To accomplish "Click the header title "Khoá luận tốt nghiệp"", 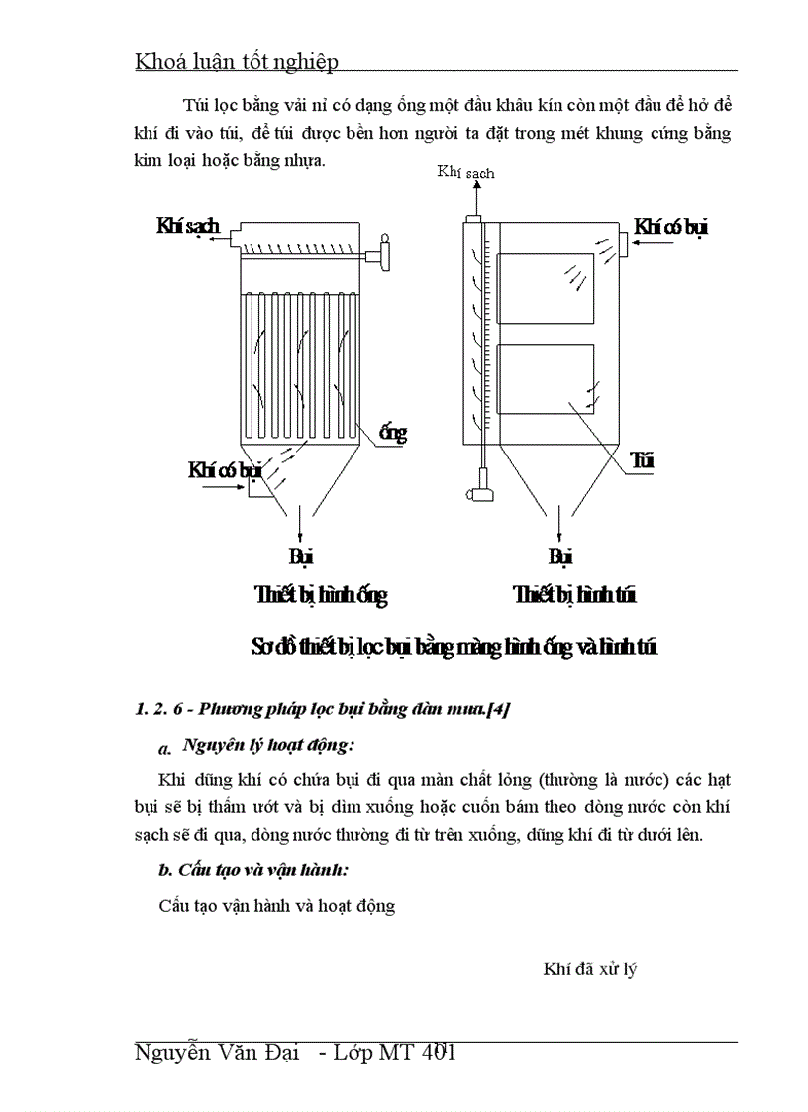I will point(236,62).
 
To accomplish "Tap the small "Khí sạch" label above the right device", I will point(465,172).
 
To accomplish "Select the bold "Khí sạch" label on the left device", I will point(187,227).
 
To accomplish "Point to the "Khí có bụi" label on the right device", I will point(672,227).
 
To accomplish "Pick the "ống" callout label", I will point(393,433).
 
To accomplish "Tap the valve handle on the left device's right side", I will point(383,255).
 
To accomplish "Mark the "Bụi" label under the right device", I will point(560,556).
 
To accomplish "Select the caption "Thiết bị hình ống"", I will point(321,596).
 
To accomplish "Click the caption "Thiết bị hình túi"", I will point(574,596).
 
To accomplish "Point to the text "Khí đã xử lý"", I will point(589,969).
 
